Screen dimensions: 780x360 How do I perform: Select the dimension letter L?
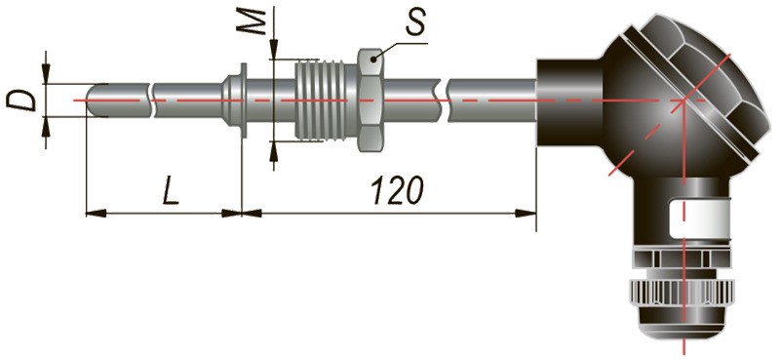tap(172, 189)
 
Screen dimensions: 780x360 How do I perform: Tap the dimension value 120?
tap(398, 189)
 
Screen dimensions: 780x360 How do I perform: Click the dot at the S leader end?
tap(373, 60)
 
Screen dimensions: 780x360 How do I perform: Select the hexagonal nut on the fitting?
tap(370, 100)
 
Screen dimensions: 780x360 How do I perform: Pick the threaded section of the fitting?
tap(327, 100)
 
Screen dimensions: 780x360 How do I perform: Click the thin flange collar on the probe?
tap(243, 100)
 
